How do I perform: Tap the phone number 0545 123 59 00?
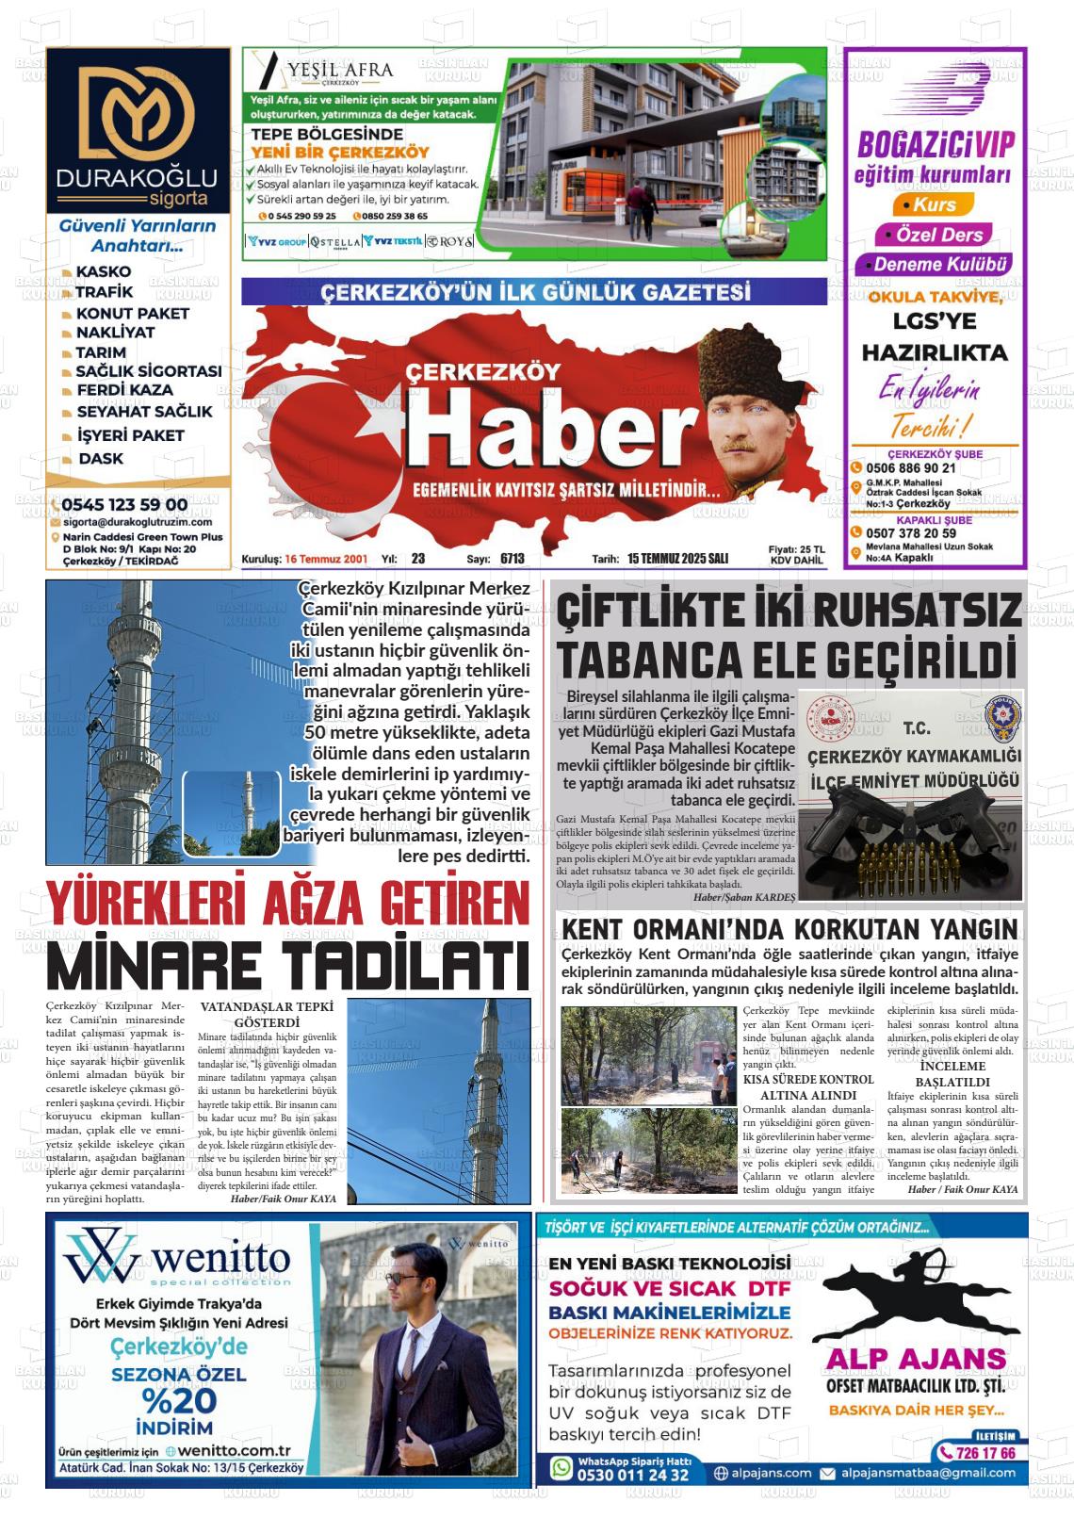pyautogui.click(x=125, y=505)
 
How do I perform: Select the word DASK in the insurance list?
pyautogui.click(x=101, y=459)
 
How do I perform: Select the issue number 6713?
pyautogui.click(x=512, y=559)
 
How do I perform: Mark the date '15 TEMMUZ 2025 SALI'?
pyautogui.click(x=677, y=559)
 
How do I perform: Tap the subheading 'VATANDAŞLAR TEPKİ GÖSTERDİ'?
pyautogui.click(x=267, y=1014)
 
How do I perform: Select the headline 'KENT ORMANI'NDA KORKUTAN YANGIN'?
pyautogui.click(x=789, y=930)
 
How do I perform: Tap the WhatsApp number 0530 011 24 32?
pyautogui.click(x=633, y=1475)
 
